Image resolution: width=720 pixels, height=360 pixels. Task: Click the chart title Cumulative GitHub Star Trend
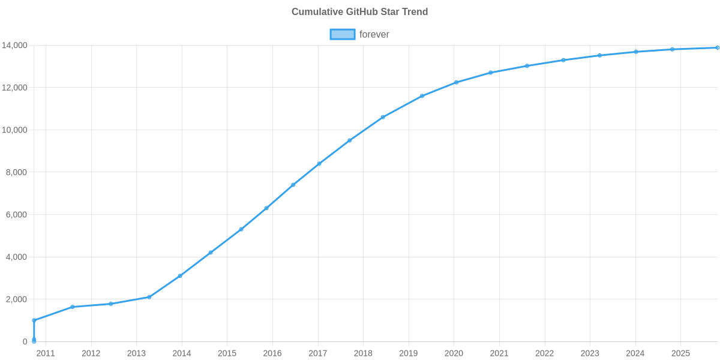point(359,12)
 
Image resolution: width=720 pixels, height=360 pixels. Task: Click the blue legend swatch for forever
point(342,34)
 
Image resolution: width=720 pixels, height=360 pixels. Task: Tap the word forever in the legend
point(374,34)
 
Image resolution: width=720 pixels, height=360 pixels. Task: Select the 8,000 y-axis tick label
point(16,173)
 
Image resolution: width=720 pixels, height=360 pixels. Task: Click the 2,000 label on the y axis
point(16,299)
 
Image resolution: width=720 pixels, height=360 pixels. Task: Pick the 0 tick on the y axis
point(25,342)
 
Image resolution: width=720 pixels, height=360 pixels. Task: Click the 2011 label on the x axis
point(46,353)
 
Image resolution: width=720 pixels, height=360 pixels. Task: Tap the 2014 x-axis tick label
point(182,353)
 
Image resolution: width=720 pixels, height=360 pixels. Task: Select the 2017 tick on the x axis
point(317,353)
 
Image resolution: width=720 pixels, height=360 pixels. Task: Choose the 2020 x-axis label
point(454,353)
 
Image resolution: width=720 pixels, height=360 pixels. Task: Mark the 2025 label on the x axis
point(680,353)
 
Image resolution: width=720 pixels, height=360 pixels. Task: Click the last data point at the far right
point(717,48)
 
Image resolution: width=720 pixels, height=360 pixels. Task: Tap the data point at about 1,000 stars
point(34,320)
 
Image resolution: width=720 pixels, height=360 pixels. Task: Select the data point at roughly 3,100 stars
point(179,276)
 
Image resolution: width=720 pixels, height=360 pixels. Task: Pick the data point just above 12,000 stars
point(456,82)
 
